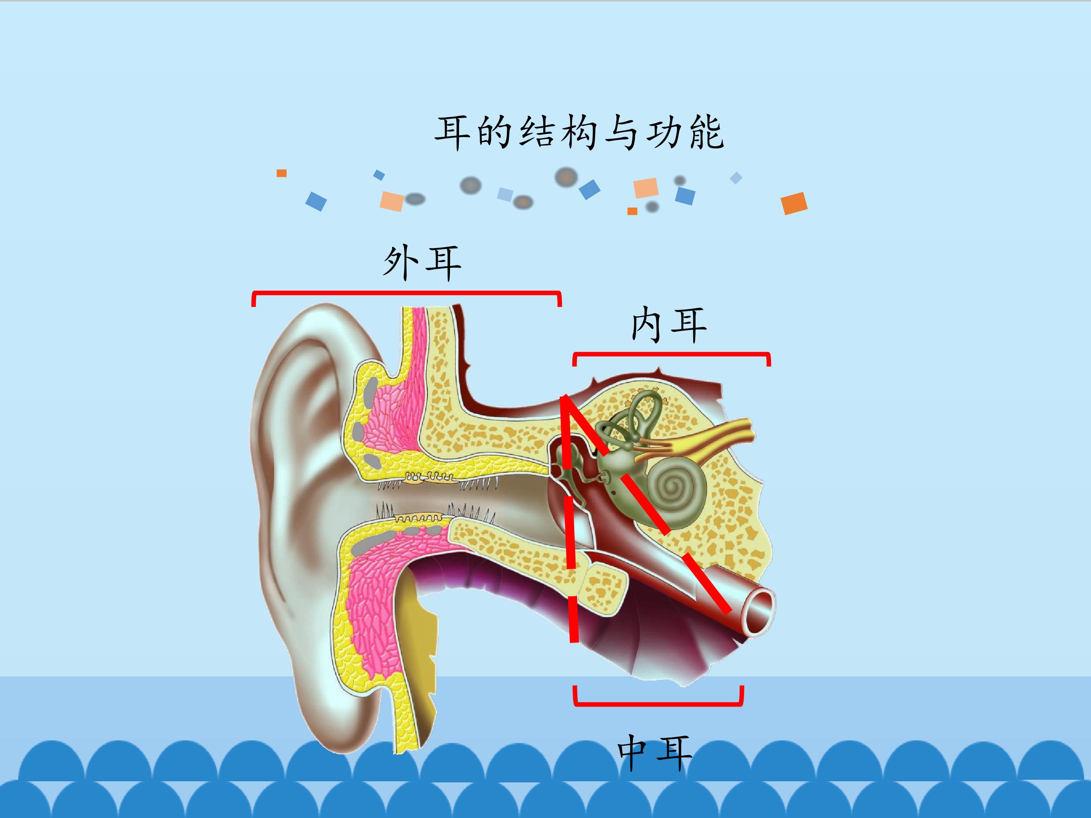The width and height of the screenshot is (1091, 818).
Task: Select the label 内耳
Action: [x=669, y=325]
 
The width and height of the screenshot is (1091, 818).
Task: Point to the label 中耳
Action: [x=655, y=752]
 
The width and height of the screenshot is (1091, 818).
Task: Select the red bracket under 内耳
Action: [x=671, y=354]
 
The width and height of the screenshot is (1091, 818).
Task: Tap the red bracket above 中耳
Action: [x=658, y=704]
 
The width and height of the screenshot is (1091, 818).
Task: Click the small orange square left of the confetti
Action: [x=281, y=173]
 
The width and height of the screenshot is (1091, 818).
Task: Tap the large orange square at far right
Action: [x=794, y=203]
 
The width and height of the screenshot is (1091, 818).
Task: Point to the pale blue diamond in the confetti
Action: [x=736, y=178]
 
